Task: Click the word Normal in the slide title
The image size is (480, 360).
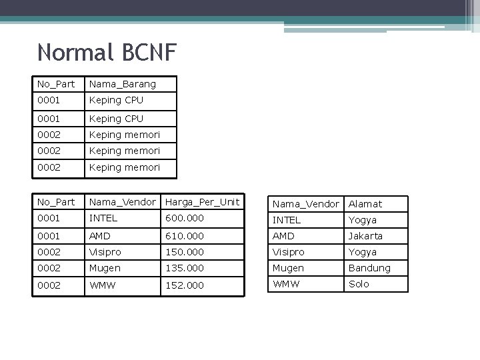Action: click(x=76, y=52)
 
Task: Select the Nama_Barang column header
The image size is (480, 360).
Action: click(x=123, y=84)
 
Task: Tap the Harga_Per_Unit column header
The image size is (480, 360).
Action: click(x=202, y=202)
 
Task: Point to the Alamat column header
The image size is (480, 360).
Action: click(x=365, y=204)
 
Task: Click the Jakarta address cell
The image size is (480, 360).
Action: click(x=365, y=236)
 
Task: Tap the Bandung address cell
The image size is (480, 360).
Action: click(x=369, y=268)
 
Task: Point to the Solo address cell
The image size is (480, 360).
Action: click(x=359, y=284)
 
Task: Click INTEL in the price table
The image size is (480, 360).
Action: click(x=103, y=218)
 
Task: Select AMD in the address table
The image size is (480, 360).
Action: click(x=283, y=236)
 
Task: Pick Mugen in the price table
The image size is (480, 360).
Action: click(x=105, y=267)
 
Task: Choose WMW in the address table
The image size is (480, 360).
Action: click(x=285, y=284)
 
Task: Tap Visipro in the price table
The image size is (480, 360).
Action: click(x=105, y=251)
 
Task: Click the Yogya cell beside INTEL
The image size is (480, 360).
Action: click(x=363, y=220)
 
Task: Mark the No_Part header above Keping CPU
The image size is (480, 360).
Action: click(x=56, y=84)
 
